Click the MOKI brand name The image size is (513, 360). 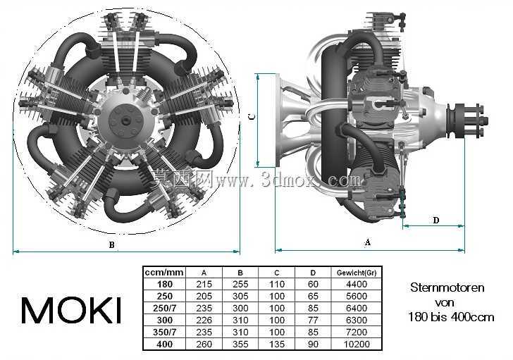(71, 310)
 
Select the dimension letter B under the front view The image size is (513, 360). (111, 244)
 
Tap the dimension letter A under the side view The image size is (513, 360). (368, 242)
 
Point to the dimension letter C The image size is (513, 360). (252, 116)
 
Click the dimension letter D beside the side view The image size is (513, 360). (435, 220)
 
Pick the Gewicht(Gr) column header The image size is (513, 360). (357, 273)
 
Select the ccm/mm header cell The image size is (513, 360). (164, 273)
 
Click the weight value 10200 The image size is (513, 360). (357, 344)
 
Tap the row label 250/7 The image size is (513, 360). (164, 308)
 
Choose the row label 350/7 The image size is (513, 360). (164, 333)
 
